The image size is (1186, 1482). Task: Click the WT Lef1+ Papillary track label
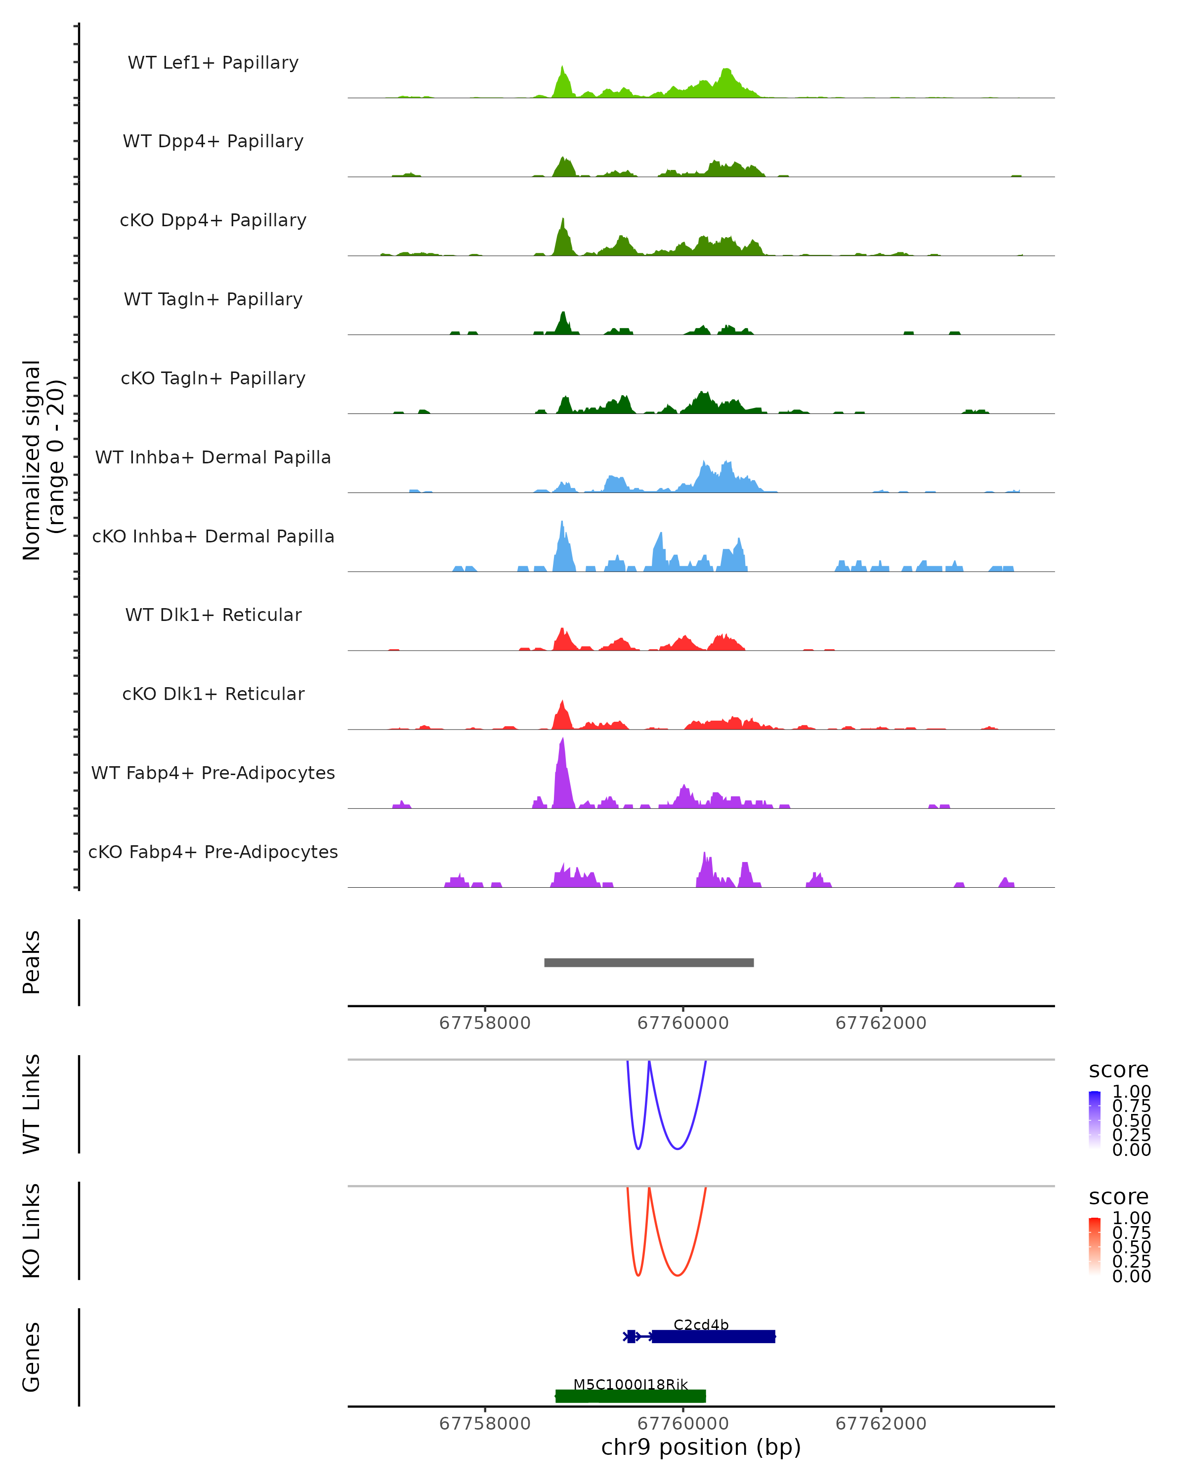point(213,63)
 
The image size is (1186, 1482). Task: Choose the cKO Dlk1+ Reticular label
point(213,694)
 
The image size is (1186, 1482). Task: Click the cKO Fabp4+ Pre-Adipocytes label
point(213,852)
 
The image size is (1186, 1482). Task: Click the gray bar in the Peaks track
point(648,962)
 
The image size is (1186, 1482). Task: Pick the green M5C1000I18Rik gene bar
point(631,1396)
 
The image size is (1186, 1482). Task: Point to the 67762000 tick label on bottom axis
point(881,1424)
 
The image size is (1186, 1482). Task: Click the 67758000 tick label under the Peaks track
point(485,1023)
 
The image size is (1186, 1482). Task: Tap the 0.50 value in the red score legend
point(1131,1247)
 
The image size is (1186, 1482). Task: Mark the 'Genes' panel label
point(32,1357)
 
